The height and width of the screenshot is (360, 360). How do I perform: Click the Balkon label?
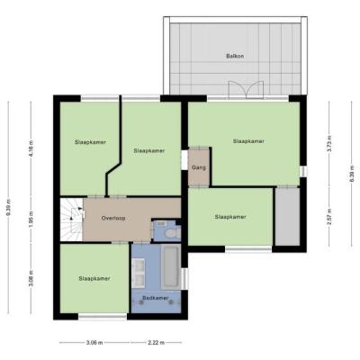235,56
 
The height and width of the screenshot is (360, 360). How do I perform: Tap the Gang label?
199,167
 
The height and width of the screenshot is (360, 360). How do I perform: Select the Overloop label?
113,218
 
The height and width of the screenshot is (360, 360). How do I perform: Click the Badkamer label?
156,298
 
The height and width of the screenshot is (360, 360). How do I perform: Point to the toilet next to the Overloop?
172,233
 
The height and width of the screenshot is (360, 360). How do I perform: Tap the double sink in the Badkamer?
139,273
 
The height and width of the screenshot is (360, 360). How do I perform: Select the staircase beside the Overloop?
72,219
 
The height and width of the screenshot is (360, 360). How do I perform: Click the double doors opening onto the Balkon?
246,89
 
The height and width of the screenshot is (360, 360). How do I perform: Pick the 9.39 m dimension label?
8,208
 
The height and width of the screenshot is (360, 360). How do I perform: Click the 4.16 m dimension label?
31,146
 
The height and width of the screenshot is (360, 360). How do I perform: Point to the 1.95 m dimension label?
31,219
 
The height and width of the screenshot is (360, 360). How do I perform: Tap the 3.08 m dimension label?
31,279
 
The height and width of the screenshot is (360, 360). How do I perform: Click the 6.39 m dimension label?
352,174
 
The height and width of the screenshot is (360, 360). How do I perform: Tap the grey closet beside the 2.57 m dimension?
288,217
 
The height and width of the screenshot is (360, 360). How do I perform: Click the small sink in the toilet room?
161,224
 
